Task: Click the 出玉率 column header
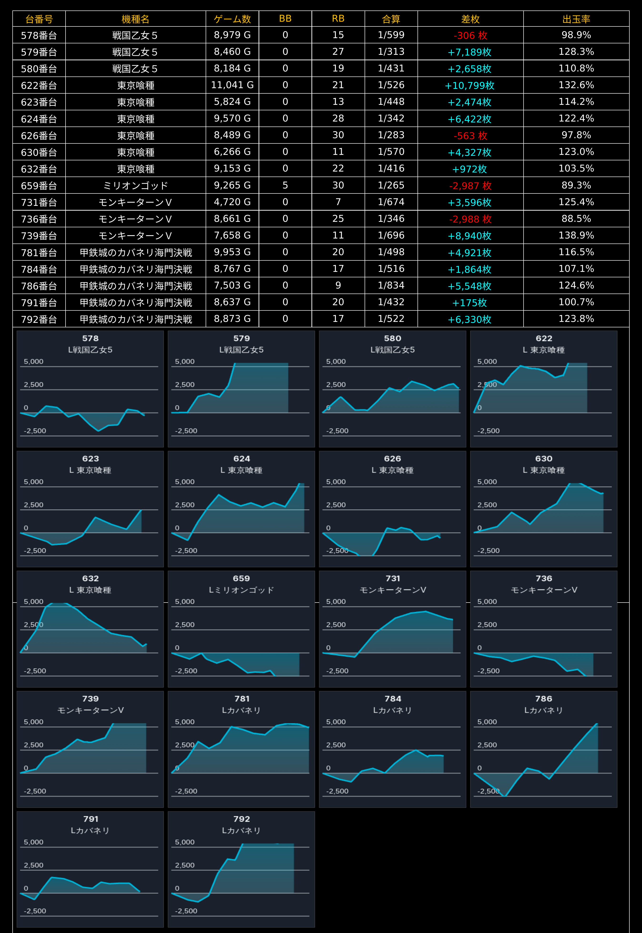coord(576,19)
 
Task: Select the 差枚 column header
coord(470,19)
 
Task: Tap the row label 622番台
coord(39,85)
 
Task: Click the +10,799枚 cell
coord(470,85)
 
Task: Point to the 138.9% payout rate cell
coord(576,235)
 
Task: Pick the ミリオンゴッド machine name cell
coord(136,185)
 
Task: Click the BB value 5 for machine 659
coord(285,185)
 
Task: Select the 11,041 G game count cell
coord(233,85)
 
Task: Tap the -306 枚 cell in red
coord(470,35)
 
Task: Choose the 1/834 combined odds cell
coord(391,285)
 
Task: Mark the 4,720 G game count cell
coord(233,202)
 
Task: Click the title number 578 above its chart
coord(91,339)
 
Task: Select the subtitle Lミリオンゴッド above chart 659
coord(241,590)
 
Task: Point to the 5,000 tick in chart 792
coord(185,842)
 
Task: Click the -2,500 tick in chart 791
coord(35,911)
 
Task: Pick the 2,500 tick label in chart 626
coord(336,505)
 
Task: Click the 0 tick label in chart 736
coord(479,648)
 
